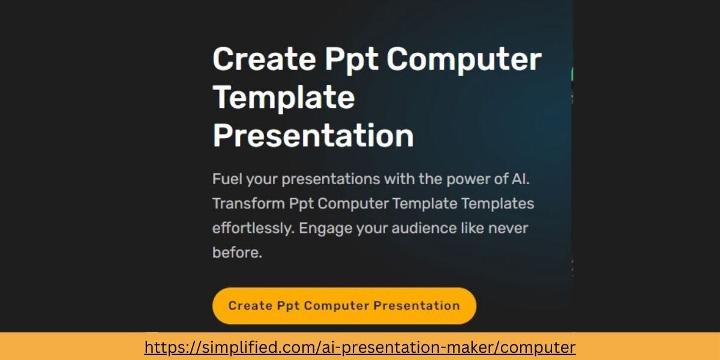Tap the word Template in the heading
click(284, 98)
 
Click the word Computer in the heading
click(464, 60)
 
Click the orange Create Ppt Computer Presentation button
click(344, 305)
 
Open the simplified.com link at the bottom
click(360, 347)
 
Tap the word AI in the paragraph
click(520, 179)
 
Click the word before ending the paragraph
click(237, 253)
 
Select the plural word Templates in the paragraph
click(497, 204)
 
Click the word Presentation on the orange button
click(416, 305)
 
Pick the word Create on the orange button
click(251, 305)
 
